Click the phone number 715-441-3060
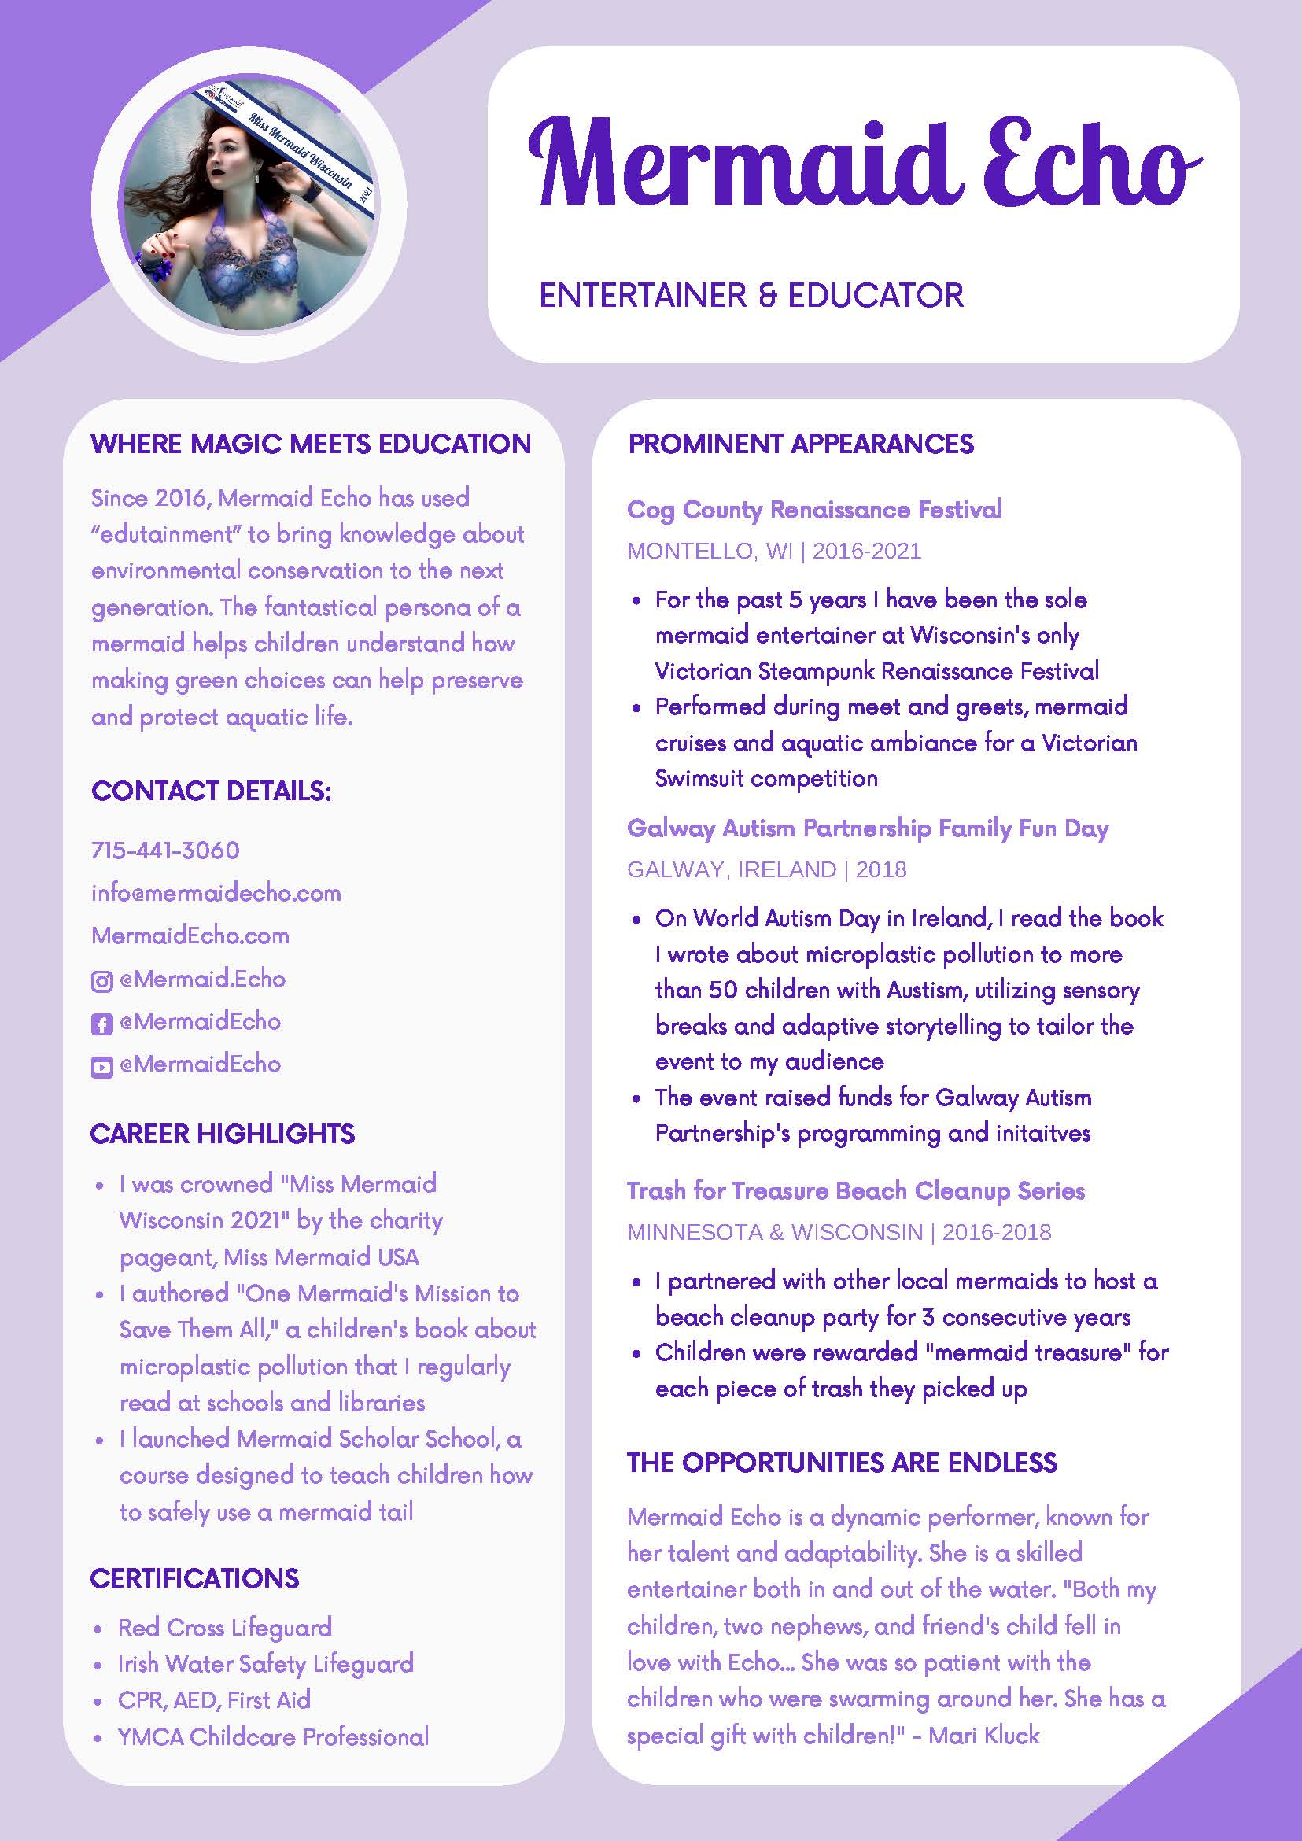(165, 850)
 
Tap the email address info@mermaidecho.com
(216, 892)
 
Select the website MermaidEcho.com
(190, 935)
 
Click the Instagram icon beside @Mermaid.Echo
(101, 980)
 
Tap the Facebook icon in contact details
(101, 1023)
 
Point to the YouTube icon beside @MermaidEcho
(101, 1066)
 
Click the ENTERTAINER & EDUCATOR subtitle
(751, 295)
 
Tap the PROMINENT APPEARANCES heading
(801, 444)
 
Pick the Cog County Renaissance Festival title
(814, 509)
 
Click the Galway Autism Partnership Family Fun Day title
(868, 828)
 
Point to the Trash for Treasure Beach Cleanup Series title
(855, 1190)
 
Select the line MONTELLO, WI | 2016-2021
(773, 551)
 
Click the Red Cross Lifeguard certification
(224, 1627)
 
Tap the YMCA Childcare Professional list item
(272, 1737)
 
